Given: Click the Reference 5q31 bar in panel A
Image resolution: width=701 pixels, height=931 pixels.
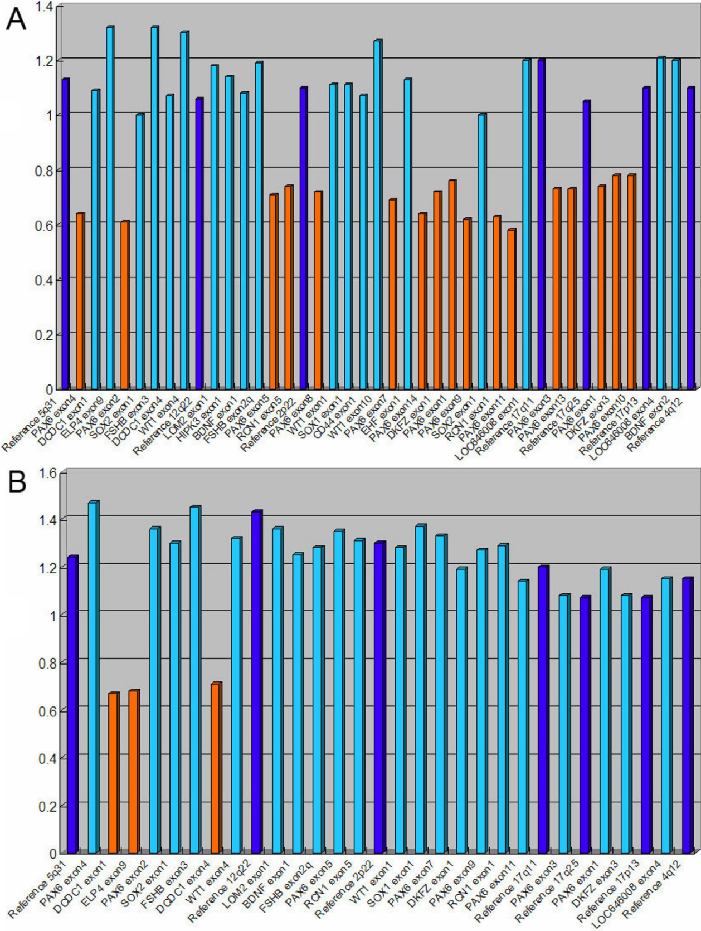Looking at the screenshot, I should tap(65, 234).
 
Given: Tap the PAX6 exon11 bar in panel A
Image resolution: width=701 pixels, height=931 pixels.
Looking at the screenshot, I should tap(511, 309).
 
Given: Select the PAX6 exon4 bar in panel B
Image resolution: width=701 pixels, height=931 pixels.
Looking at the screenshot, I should tap(93, 677).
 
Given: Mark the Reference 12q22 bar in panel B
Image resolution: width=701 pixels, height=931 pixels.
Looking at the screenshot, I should tap(256, 682).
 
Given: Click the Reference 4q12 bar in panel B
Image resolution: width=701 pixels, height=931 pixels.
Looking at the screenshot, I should tap(687, 715).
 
